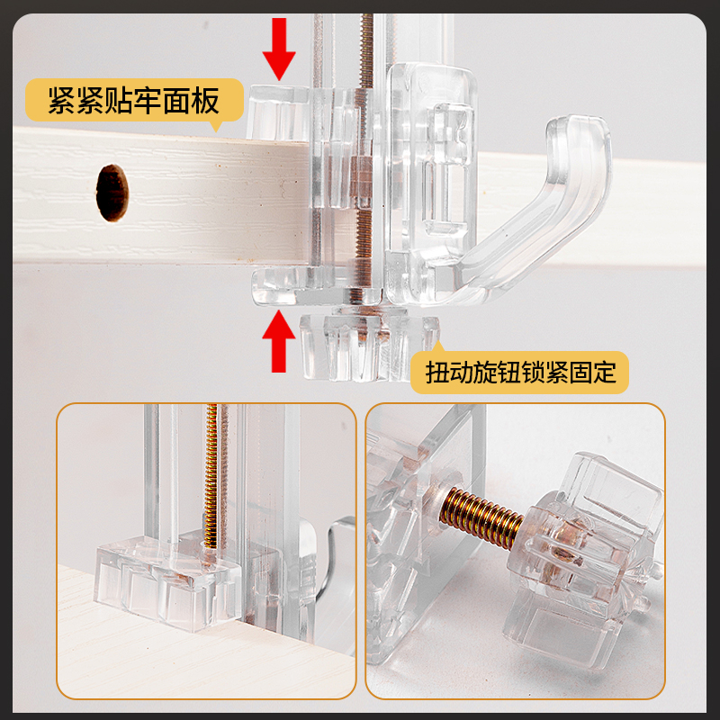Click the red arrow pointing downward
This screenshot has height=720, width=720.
coord(279,49)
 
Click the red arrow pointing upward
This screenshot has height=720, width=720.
coord(279,341)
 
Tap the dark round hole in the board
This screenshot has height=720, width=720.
coord(112,193)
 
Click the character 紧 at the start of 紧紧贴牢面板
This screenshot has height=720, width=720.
coord(62,101)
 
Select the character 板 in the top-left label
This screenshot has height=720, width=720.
coord(206,101)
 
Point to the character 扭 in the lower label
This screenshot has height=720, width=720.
coord(437,373)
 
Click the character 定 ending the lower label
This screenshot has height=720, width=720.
coord(604,373)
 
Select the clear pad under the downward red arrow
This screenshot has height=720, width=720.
coord(278,112)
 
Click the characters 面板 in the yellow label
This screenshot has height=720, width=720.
coord(192,101)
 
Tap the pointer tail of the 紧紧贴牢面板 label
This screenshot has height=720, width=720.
coord(215,127)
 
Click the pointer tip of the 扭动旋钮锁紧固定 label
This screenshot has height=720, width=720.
coord(437,343)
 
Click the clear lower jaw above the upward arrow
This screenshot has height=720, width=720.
coord(317,287)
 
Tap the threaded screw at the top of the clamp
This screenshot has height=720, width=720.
coord(366,50)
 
